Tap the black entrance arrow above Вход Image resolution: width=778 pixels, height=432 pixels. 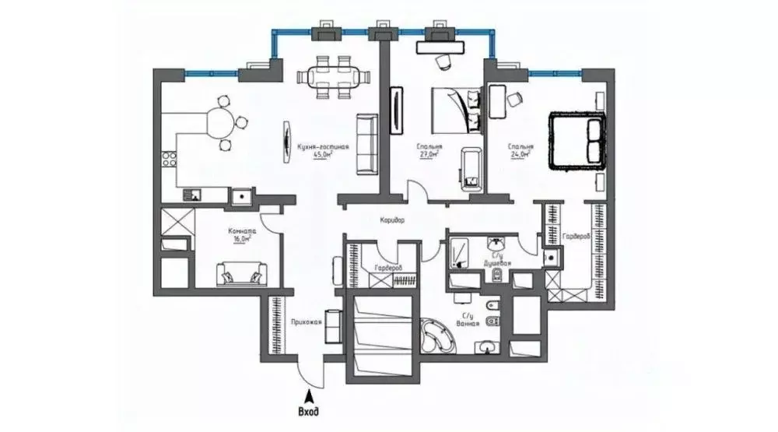click(x=308, y=395)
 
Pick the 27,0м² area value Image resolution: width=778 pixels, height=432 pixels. click(x=428, y=155)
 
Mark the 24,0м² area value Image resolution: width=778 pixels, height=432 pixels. click(x=520, y=155)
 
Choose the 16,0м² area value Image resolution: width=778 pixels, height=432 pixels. click(x=240, y=240)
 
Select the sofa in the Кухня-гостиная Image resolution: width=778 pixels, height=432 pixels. click(x=366, y=143)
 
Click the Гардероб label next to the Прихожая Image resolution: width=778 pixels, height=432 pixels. click(x=387, y=268)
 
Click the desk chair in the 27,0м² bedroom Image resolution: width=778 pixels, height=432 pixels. click(x=442, y=61)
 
